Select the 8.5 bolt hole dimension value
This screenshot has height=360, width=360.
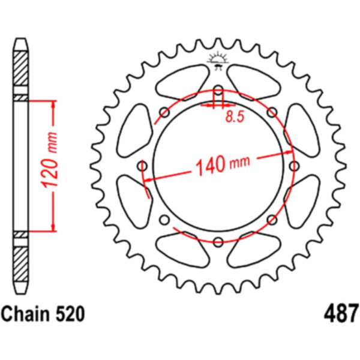tap(235, 116)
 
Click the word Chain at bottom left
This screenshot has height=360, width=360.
tap(24, 314)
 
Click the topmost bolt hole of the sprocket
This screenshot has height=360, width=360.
tap(218, 90)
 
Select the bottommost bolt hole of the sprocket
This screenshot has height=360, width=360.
tap(218, 242)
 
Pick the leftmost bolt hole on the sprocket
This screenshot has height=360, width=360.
tap(142, 166)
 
